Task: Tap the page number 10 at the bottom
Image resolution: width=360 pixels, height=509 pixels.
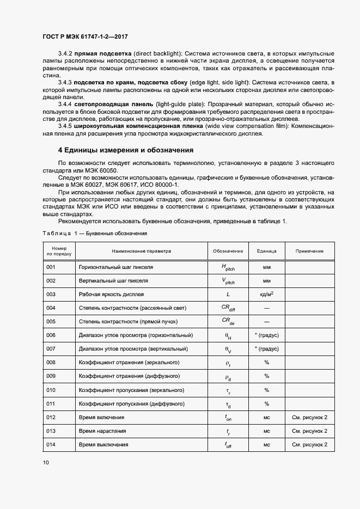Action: coord(46,462)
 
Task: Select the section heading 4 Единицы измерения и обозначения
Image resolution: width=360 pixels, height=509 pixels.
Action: coord(125,150)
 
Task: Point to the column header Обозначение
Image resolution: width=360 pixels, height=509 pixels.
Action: coord(228,251)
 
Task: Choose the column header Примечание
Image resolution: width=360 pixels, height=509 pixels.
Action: coord(309,251)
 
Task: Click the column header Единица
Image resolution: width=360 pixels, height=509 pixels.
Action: coord(267,251)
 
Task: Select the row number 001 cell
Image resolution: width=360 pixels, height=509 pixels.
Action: coord(51,267)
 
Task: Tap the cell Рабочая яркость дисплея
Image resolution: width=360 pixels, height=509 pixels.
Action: coord(112,295)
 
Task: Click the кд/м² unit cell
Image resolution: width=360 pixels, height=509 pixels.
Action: coord(267,295)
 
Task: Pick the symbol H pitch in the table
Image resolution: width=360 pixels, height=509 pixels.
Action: coord(228,268)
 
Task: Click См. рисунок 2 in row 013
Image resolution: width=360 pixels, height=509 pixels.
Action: coord(309,431)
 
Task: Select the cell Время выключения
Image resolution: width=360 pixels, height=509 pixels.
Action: coord(103,445)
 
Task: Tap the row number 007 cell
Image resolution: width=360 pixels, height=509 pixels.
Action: coord(51,349)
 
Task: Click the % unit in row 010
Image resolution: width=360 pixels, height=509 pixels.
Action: coord(267,390)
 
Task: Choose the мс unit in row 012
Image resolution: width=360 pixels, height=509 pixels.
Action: coord(267,418)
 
